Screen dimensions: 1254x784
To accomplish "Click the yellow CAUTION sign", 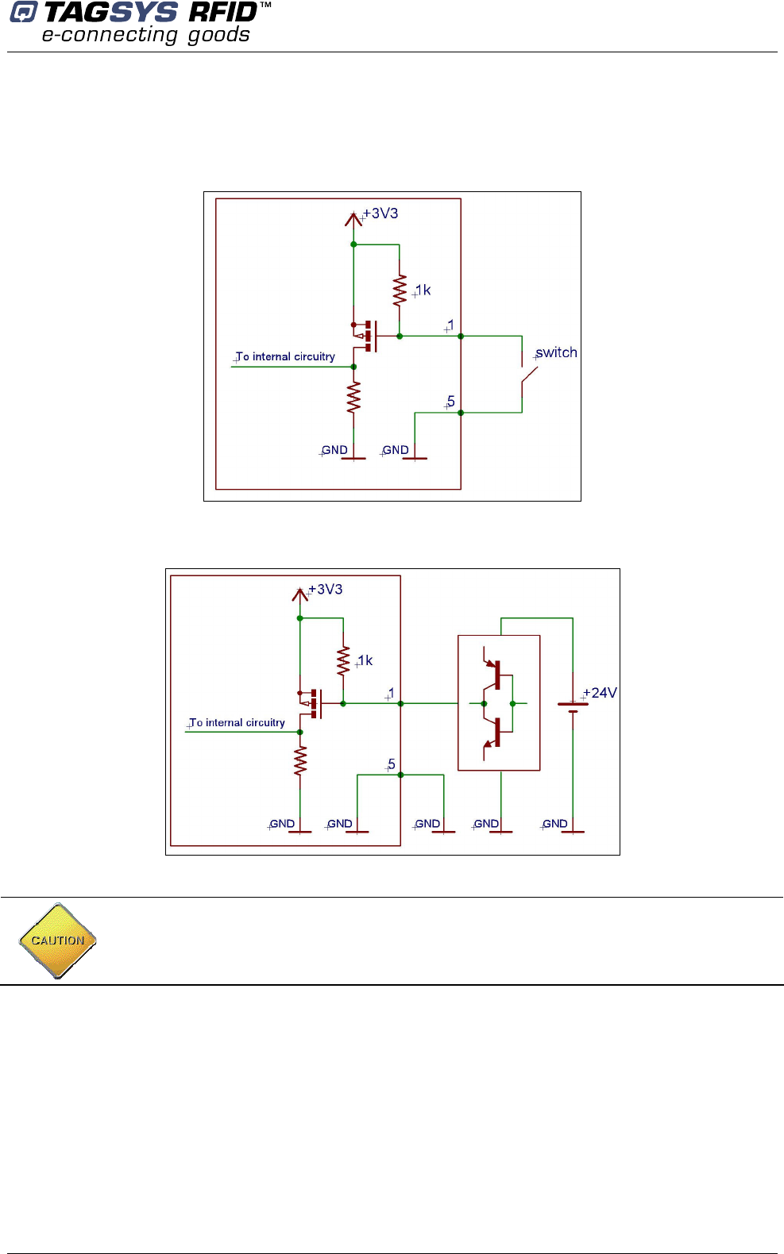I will point(57,940).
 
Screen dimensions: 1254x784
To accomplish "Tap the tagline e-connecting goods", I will point(145,35).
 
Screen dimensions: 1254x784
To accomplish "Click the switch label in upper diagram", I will point(556,352).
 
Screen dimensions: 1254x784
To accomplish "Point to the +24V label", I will point(600,693).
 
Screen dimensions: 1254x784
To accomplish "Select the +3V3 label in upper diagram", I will point(380,213).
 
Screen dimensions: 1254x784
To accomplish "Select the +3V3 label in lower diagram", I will point(326,590).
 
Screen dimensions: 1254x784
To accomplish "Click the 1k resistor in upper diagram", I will point(400,291).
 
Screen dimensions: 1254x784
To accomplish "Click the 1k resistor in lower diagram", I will point(343,661).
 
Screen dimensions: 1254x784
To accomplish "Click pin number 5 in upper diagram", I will point(451,402).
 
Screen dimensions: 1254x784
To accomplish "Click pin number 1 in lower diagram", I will point(391,694).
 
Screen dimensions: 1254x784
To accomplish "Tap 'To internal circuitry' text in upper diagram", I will point(285,357).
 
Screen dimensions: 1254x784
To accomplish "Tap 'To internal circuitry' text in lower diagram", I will point(237,723).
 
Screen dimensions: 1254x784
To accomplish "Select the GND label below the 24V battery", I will point(555,824).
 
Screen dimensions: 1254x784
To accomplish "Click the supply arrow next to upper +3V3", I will point(353,219).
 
